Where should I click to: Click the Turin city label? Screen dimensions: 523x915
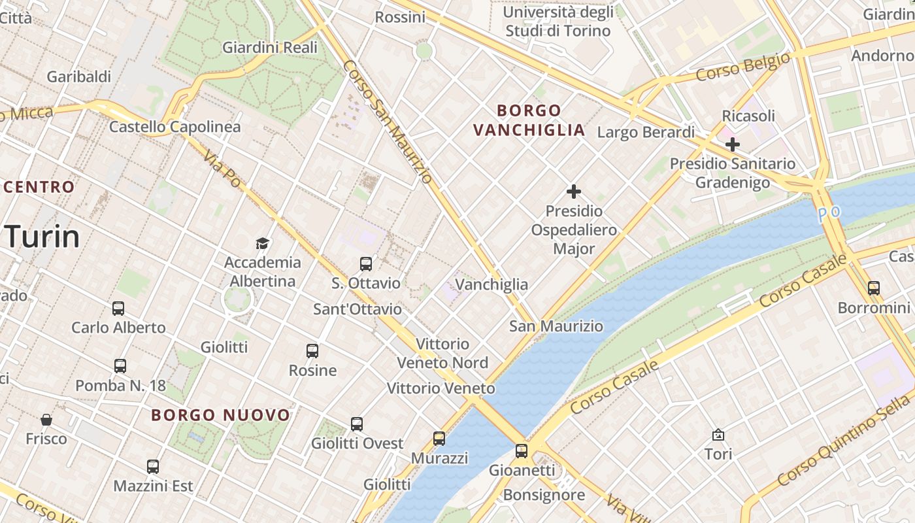pyautogui.click(x=43, y=237)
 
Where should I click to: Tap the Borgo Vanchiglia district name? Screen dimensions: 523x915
pyautogui.click(x=529, y=120)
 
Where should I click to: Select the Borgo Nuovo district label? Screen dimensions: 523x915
pyautogui.click(x=221, y=415)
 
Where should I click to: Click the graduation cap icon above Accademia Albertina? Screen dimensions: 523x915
pyautogui.click(x=263, y=244)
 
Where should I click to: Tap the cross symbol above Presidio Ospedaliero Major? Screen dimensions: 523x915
pyautogui.click(x=574, y=192)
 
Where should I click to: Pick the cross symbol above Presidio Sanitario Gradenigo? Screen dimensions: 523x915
pyautogui.click(x=733, y=144)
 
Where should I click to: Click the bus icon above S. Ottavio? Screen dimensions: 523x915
pyautogui.click(x=366, y=264)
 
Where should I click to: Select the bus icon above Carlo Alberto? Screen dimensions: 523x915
pyautogui.click(x=118, y=309)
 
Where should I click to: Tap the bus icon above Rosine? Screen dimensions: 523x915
pyautogui.click(x=312, y=351)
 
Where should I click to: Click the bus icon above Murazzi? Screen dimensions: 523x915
pyautogui.click(x=439, y=439)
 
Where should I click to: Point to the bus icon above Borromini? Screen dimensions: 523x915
pyautogui.click(x=873, y=288)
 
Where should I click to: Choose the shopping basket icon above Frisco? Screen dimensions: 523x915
pyautogui.click(x=46, y=419)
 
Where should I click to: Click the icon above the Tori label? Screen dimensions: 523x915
pyautogui.click(x=718, y=435)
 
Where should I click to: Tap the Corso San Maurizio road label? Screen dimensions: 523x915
pyautogui.click(x=387, y=122)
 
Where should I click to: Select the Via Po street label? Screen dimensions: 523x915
pyautogui.click(x=222, y=169)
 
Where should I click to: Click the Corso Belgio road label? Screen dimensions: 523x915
pyautogui.click(x=742, y=67)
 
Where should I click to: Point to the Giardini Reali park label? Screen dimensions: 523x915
pyautogui.click(x=270, y=47)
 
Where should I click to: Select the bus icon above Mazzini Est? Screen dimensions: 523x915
pyautogui.click(x=153, y=467)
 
